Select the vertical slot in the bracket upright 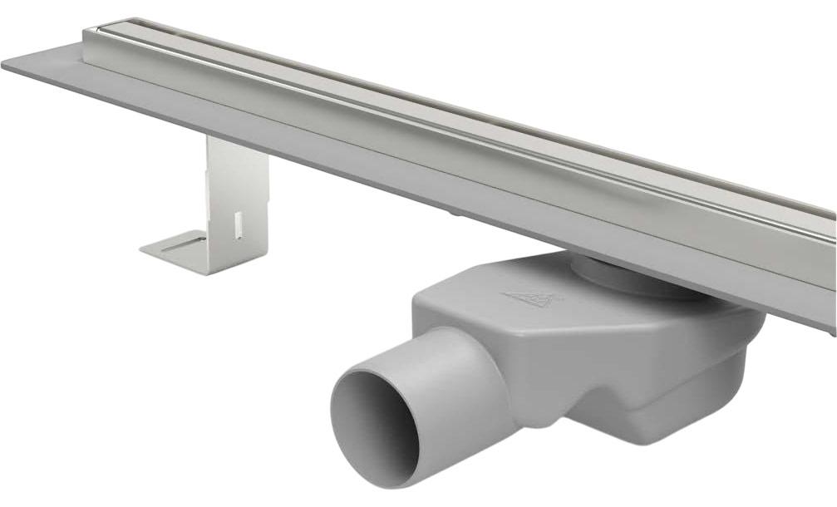pyautogui.click(x=239, y=224)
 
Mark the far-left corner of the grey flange pyautogui.click(x=5, y=65)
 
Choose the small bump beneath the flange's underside pyautogui.click(x=455, y=214)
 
